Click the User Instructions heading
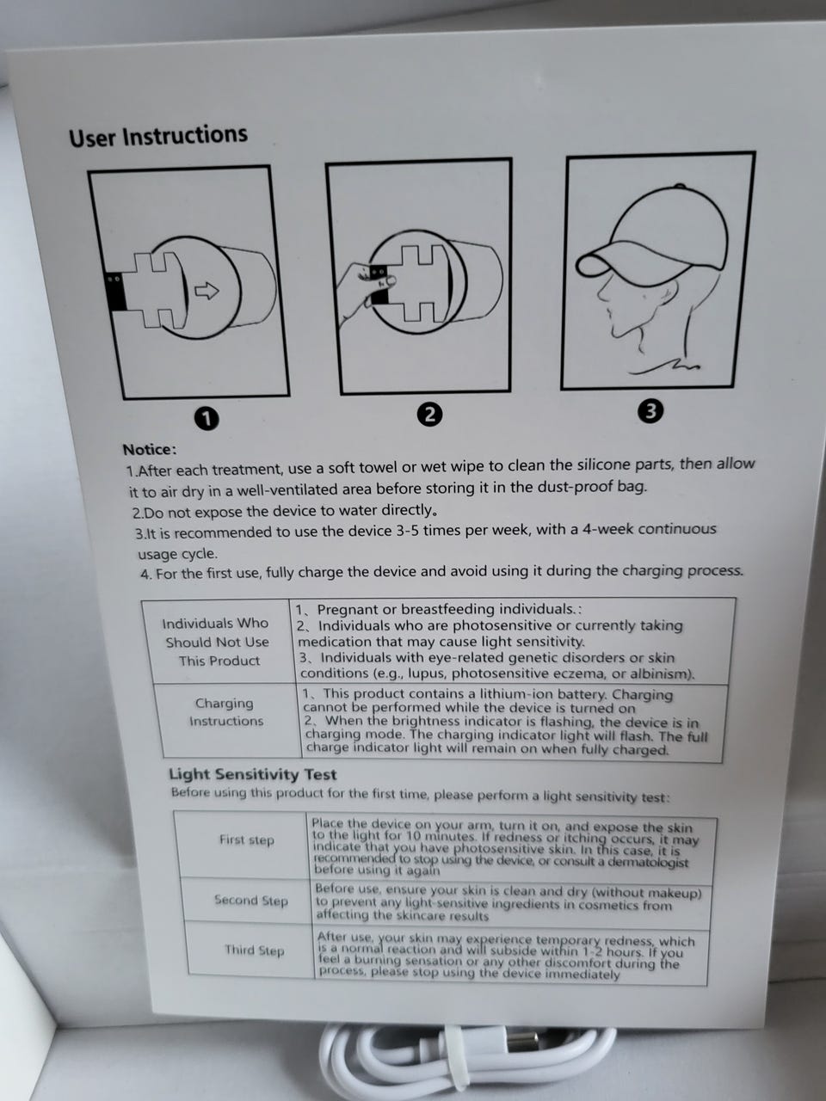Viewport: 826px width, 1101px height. (158, 136)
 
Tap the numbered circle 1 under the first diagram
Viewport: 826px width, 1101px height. (206, 418)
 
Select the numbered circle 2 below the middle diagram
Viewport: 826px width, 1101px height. (430, 415)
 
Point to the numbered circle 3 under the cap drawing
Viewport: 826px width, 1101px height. (650, 411)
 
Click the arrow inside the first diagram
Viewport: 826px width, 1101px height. (206, 291)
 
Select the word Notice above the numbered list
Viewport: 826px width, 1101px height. (149, 449)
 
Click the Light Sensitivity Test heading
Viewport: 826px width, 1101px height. (252, 774)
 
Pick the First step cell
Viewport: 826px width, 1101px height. (246, 840)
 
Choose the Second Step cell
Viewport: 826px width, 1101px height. (250, 901)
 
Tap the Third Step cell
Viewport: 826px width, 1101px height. (254, 950)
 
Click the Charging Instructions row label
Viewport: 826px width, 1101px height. (225, 711)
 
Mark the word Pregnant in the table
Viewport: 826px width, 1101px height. (346, 610)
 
